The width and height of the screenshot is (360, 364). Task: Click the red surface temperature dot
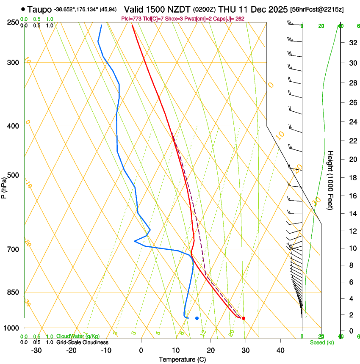[243, 318]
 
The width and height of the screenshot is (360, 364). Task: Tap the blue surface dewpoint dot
[197, 318]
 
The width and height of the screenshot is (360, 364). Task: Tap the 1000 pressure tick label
[12, 328]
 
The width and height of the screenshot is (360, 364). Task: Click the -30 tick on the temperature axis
[36, 350]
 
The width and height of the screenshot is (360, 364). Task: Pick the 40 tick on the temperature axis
[280, 350]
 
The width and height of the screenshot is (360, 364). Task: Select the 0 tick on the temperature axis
[141, 350]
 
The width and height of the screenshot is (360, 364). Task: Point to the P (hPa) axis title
[4, 186]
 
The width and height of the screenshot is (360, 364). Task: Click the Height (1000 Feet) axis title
[330, 180]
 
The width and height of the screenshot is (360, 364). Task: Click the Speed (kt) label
[321, 342]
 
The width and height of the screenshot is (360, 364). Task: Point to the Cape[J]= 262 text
[231, 19]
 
